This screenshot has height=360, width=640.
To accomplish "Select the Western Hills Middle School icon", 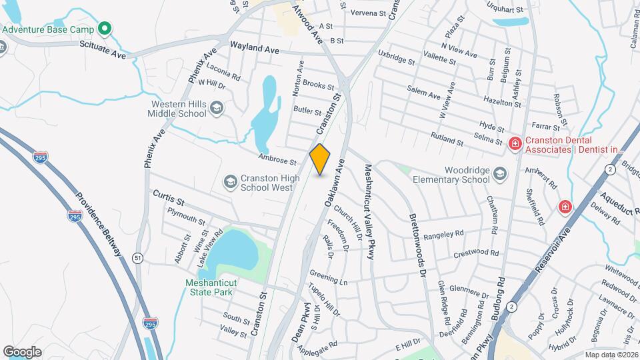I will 216,108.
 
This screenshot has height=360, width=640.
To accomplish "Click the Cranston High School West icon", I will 230,182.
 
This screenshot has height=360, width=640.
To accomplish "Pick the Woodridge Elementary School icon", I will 499,175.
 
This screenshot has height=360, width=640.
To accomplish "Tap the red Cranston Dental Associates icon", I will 515,144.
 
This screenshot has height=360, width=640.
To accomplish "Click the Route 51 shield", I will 137,258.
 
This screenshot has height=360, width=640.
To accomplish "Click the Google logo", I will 22,351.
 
